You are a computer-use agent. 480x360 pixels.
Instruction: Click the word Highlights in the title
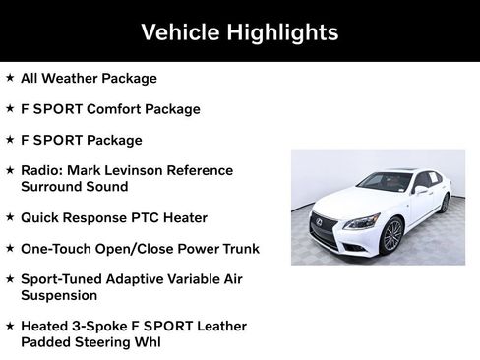pos(281,32)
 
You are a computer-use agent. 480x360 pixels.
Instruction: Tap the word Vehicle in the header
pos(178,32)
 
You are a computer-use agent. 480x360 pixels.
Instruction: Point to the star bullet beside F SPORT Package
pos(10,140)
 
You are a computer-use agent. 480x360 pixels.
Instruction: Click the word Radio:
pos(42,171)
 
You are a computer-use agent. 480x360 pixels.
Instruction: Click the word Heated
pos(46,326)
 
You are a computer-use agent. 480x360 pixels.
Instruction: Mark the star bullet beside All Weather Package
pos(10,78)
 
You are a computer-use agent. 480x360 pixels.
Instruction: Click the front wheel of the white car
pos(391,235)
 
